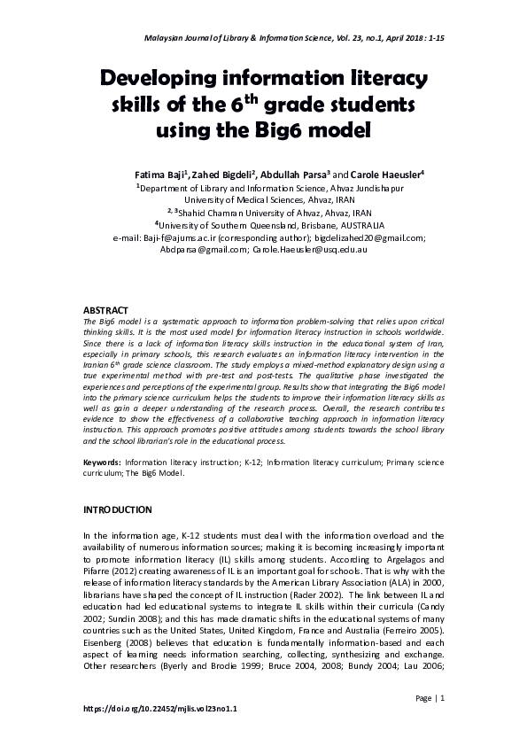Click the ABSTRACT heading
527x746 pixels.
105,310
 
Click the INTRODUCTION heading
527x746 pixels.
118,510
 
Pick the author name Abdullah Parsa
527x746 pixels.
294,175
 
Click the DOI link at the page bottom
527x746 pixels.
160,710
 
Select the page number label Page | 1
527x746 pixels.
429,699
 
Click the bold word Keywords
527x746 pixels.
101,462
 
